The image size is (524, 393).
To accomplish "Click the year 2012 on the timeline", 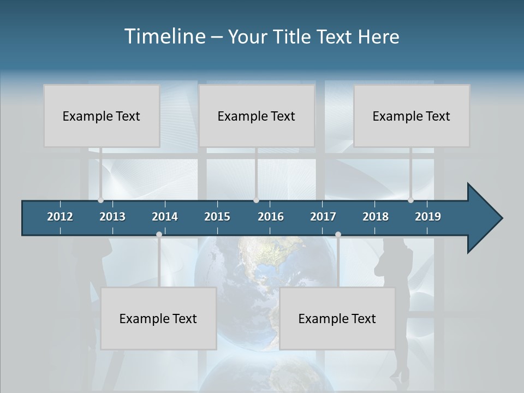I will point(60,217).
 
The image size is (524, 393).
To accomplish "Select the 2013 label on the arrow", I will point(112,217).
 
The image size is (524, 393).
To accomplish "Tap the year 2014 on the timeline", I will point(165,217).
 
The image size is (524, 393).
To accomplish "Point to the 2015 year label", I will point(217,217).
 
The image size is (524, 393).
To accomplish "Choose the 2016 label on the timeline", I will point(271,217).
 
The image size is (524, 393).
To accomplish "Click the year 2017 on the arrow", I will point(323,217).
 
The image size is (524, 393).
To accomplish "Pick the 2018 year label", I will point(376,217).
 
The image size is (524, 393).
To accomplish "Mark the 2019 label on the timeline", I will point(428,217).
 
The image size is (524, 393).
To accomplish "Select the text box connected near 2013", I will point(102,116).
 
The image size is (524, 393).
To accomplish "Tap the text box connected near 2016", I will point(257,116).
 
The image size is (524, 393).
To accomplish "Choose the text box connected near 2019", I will point(412,116).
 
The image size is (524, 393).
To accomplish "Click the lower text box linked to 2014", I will point(158,318).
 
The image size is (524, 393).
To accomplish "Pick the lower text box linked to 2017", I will point(337,318).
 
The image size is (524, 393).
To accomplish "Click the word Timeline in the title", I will point(165,37).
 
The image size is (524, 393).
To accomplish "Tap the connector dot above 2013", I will point(101,200).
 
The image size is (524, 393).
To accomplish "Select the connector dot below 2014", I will point(159,234).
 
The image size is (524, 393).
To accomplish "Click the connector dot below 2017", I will point(338,234).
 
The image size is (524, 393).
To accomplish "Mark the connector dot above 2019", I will point(411,200).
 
